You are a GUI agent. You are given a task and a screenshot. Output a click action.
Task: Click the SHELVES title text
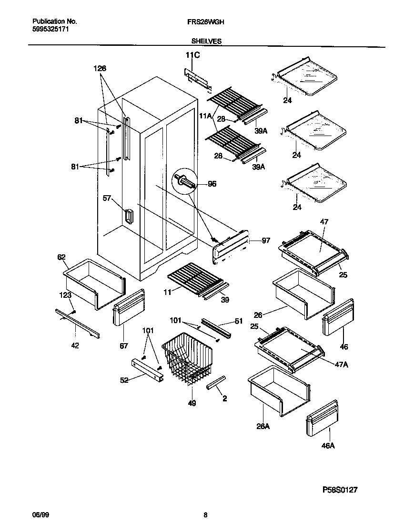(x=206, y=42)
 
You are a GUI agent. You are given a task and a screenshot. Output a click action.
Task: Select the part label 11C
(x=192, y=56)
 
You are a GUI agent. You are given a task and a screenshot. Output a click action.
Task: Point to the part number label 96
(x=212, y=183)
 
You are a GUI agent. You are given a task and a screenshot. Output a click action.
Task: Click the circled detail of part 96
(x=185, y=182)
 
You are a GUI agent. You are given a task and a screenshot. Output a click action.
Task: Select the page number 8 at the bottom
(x=205, y=515)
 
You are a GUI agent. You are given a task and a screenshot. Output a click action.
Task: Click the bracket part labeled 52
(x=147, y=370)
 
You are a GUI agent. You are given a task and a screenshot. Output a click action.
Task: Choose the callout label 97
(x=265, y=241)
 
